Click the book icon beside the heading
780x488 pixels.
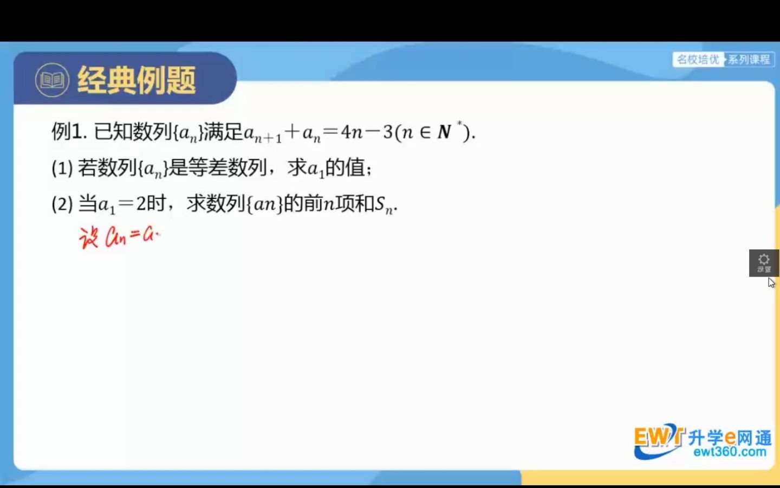pos(52,80)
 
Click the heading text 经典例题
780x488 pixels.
pos(136,80)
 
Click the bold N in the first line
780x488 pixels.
pos(444,132)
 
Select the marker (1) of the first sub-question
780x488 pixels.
pos(62,168)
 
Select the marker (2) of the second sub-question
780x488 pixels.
pos(62,204)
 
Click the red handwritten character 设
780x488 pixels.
pos(88,237)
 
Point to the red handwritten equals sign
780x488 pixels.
pos(135,235)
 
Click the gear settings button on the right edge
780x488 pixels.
pos(764,262)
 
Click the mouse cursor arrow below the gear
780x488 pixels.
pos(771,282)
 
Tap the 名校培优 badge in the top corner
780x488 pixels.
pos(698,59)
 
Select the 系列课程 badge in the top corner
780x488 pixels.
pos(749,59)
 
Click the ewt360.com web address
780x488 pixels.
pos(730,452)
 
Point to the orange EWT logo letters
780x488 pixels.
pos(656,436)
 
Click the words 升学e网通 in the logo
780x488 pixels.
pos(730,437)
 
